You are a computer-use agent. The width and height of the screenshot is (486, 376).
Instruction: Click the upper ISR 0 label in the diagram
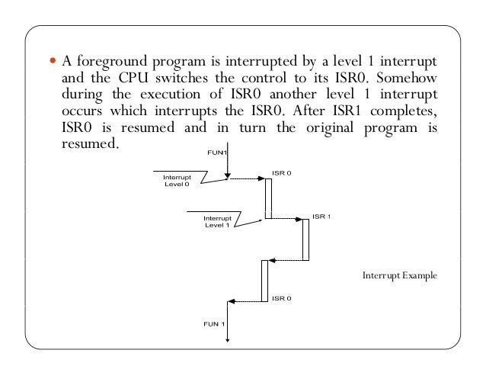pos(281,173)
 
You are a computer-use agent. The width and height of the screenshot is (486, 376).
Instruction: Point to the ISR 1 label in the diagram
pos(321,217)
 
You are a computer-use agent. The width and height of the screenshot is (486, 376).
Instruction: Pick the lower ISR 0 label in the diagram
pos(281,298)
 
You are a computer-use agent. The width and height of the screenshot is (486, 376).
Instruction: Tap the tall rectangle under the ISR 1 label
pos(305,239)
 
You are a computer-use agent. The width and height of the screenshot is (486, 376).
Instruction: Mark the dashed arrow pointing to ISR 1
pos(284,219)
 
